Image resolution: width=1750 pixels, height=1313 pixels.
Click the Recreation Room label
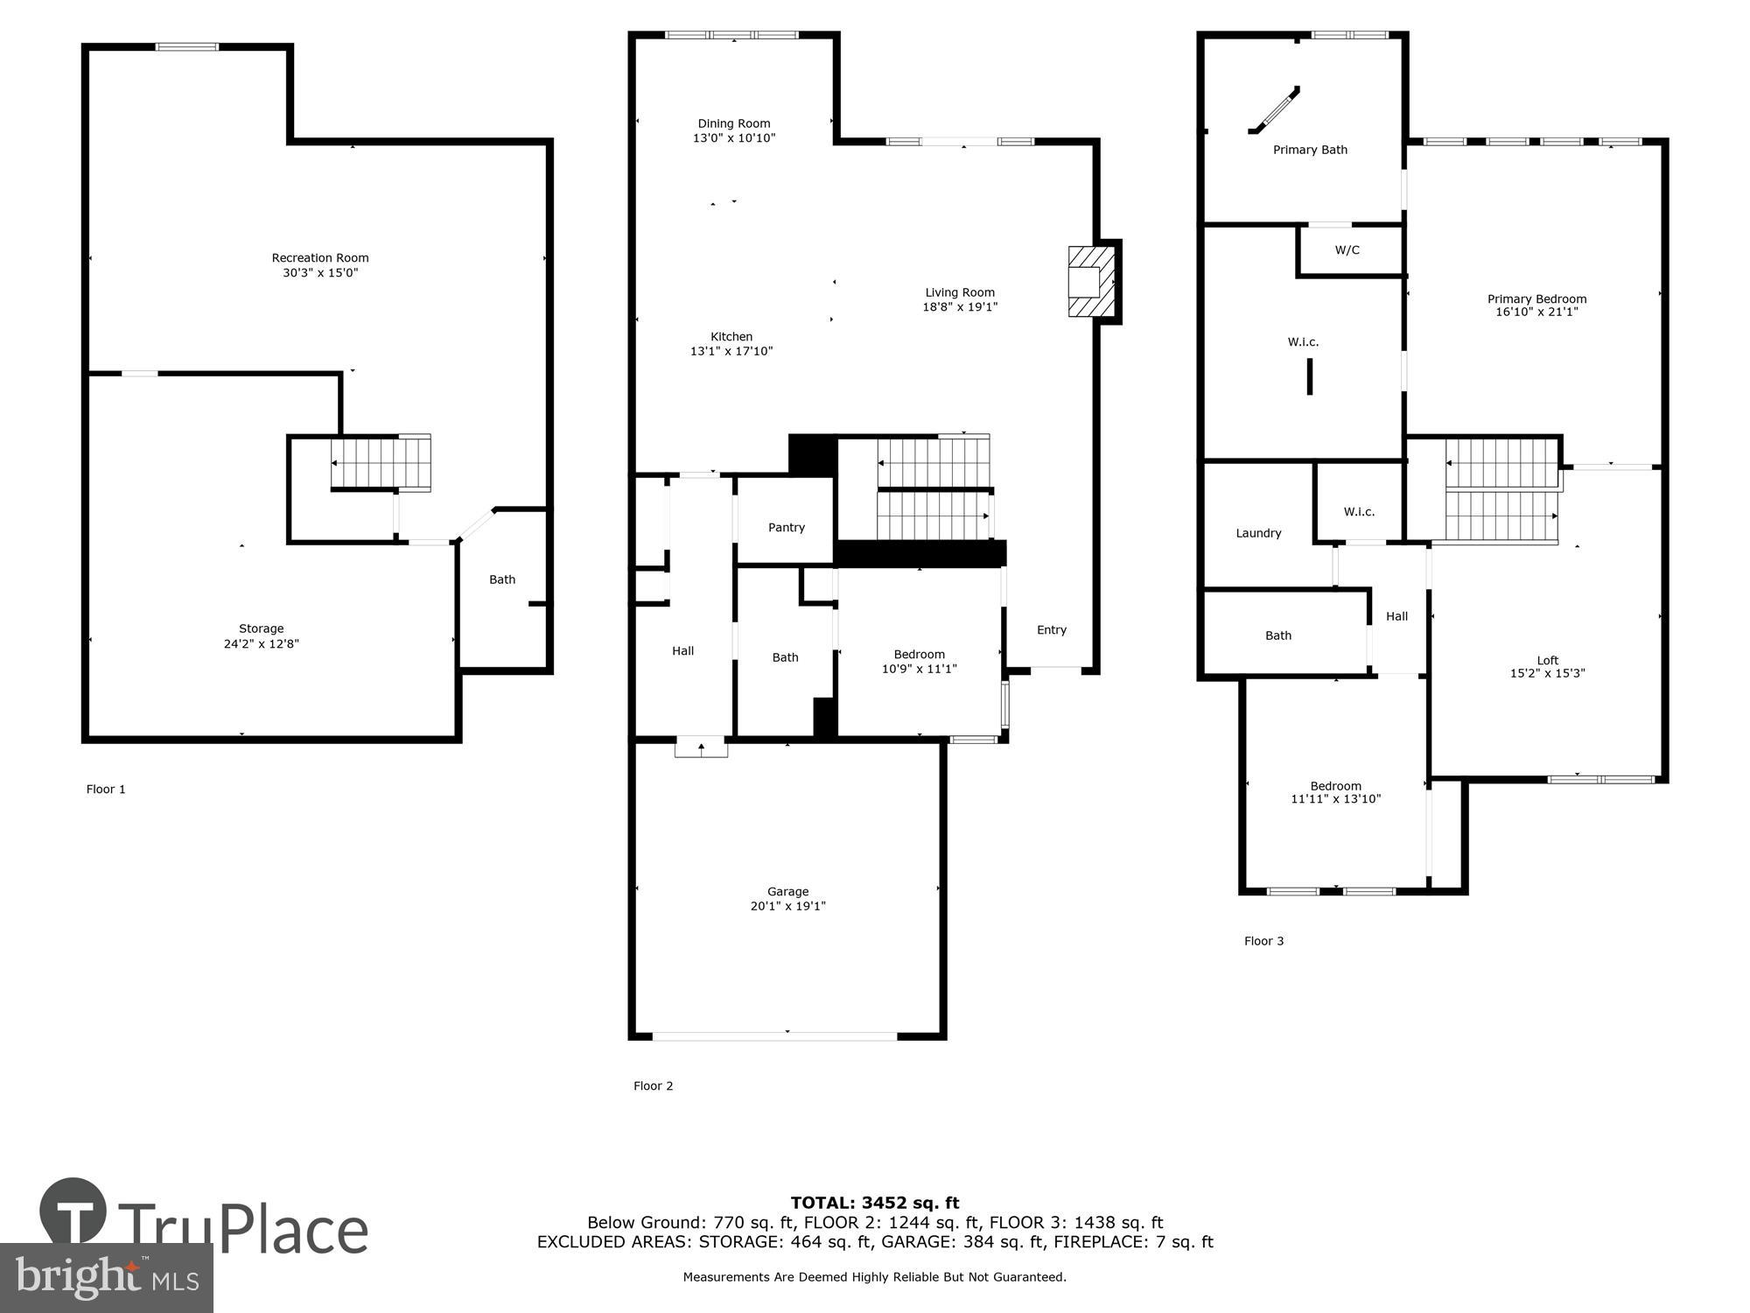click(320, 257)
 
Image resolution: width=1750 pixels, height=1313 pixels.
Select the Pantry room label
click(786, 527)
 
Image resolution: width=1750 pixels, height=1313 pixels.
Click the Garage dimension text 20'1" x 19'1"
click(787, 906)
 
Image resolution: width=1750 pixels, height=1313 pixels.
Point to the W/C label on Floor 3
click(1347, 250)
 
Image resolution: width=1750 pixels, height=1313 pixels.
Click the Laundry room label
click(1258, 533)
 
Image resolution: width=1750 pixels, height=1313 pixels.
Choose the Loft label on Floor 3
click(1547, 660)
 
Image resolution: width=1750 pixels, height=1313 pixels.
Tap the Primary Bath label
click(1309, 150)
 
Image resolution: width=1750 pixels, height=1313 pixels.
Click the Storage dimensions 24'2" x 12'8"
click(261, 643)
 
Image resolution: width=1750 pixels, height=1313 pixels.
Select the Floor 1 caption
click(106, 789)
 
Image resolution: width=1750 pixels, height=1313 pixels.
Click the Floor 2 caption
click(653, 1085)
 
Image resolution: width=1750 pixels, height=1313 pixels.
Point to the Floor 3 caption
click(1263, 941)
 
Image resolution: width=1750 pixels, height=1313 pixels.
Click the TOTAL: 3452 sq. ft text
click(874, 1203)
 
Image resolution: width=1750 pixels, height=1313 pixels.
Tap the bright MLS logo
click(106, 1278)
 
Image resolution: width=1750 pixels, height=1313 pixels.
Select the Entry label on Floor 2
click(1051, 629)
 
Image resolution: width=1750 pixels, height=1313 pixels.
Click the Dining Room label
click(733, 123)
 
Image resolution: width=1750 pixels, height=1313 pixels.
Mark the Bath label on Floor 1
click(501, 579)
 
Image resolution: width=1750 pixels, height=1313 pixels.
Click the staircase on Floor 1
click(381, 463)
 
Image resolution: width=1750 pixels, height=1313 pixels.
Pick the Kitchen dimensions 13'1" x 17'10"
click(731, 351)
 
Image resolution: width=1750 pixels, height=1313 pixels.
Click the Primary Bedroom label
click(1536, 298)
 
